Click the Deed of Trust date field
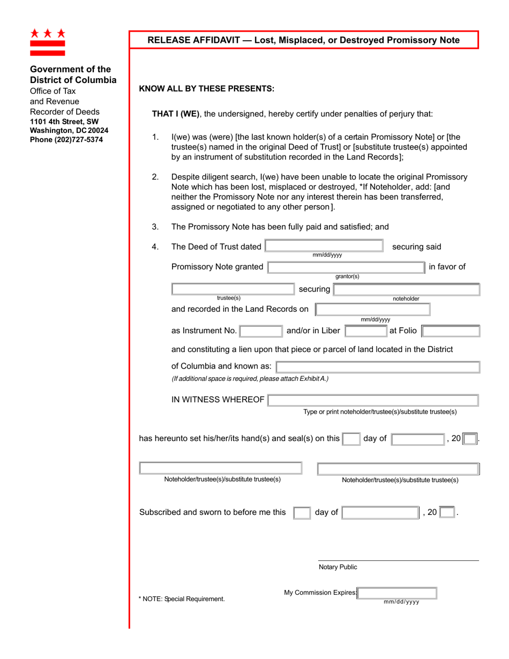point(324,246)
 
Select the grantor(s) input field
point(347,267)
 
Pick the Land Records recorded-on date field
point(373,309)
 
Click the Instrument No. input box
point(261,331)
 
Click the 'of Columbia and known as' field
point(378,367)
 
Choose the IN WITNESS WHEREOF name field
point(373,400)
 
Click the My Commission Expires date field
point(397,593)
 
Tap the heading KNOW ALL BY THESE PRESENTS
point(207,89)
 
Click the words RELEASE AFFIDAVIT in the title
point(193,40)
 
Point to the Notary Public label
point(338,567)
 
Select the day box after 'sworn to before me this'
point(302,513)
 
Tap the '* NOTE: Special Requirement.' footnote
point(182,598)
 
